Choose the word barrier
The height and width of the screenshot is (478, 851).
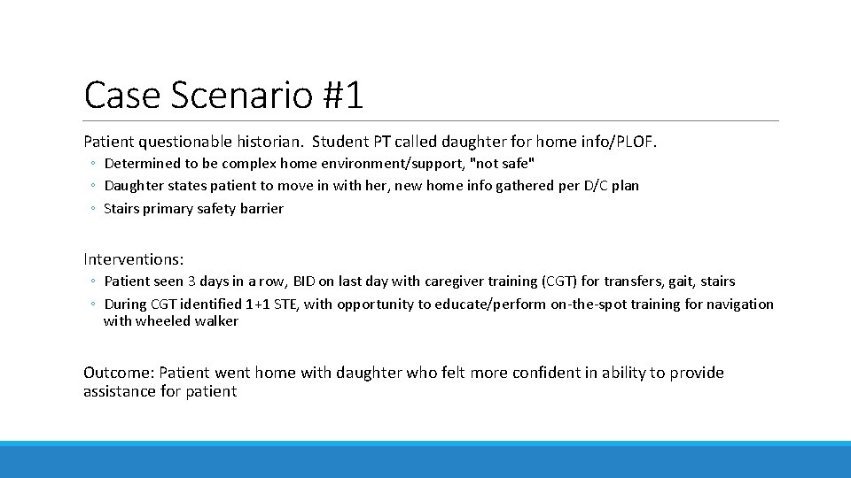pos(258,209)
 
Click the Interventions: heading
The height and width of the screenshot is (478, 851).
pos(134,259)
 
